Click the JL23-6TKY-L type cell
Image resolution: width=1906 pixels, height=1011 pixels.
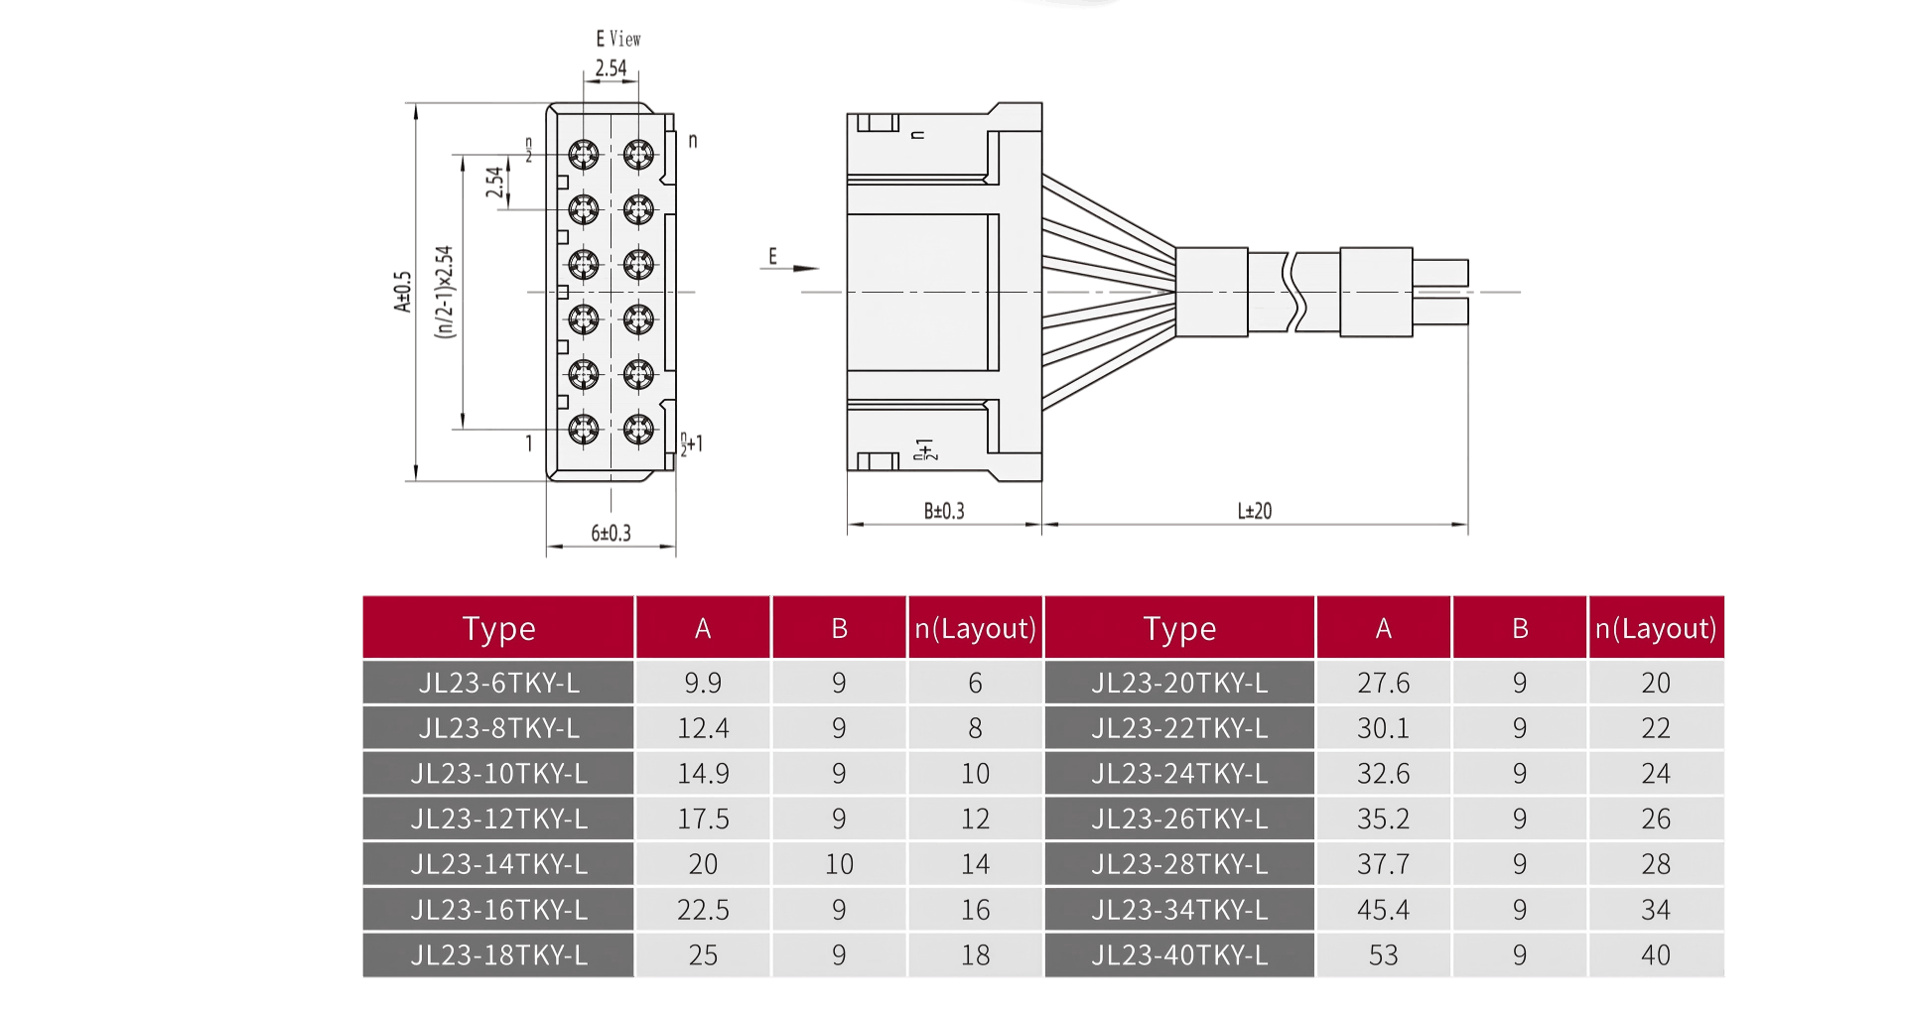coord(498,683)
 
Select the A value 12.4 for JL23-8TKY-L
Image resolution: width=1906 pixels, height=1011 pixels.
coord(703,728)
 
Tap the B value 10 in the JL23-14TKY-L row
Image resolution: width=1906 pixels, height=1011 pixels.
coord(839,864)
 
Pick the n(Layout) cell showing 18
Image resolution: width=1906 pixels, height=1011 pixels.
coord(975,954)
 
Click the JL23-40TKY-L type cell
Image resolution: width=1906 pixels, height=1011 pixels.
coord(1179,954)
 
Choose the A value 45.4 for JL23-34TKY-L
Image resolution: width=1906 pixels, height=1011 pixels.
coord(1383,910)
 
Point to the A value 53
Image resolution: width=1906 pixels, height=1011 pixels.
coord(1383,954)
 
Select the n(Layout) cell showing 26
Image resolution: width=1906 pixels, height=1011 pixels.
coord(1655,819)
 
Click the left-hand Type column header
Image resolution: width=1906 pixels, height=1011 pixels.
coord(498,628)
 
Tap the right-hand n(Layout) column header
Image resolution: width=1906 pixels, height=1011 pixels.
coord(1655,628)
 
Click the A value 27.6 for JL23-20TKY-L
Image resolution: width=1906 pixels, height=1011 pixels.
coord(1383,683)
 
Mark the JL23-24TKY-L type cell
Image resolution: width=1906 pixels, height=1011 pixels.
coord(1179,773)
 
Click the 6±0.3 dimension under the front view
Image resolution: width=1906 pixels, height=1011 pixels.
coord(611,534)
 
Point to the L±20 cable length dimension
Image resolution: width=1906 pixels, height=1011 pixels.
coord(1255,511)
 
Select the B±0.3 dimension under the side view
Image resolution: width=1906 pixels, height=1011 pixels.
coord(943,511)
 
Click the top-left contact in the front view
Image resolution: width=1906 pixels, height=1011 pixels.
coord(584,155)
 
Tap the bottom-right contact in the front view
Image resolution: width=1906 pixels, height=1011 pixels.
coord(638,430)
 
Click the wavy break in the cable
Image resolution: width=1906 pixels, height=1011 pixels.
coord(1294,292)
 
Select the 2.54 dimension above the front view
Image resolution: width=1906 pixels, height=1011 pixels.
coord(611,67)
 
